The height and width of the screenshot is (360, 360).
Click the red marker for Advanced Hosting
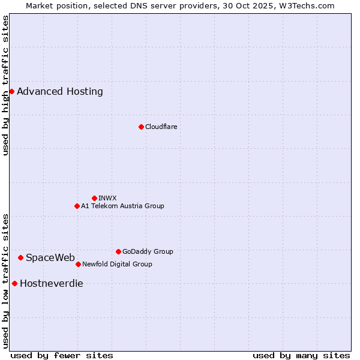tap(11, 91)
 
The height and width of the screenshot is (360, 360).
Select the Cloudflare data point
tap(141, 127)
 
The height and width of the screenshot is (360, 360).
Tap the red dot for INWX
tap(94, 198)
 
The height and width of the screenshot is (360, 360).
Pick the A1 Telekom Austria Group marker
tap(77, 206)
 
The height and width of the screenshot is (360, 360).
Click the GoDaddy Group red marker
tap(118, 251)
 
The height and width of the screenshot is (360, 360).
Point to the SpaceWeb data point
tap(20, 257)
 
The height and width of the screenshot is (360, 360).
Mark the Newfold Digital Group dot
tap(78, 264)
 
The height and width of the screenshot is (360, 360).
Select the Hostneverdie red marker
tap(14, 283)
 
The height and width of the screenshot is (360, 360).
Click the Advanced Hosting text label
tap(60, 92)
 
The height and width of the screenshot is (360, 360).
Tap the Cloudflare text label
tap(161, 127)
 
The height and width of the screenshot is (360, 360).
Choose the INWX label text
tap(107, 198)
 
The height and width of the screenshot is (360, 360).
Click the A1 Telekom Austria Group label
tap(122, 206)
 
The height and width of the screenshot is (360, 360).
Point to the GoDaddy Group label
tap(148, 251)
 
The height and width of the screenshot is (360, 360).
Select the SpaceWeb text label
tap(50, 258)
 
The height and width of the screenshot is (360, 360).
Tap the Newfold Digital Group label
tap(117, 264)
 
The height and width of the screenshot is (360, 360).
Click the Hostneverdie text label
tap(52, 284)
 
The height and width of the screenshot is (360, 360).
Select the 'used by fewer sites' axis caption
tap(62, 355)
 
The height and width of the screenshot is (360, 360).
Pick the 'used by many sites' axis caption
tap(301, 355)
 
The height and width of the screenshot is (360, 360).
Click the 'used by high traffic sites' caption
tap(5, 86)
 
